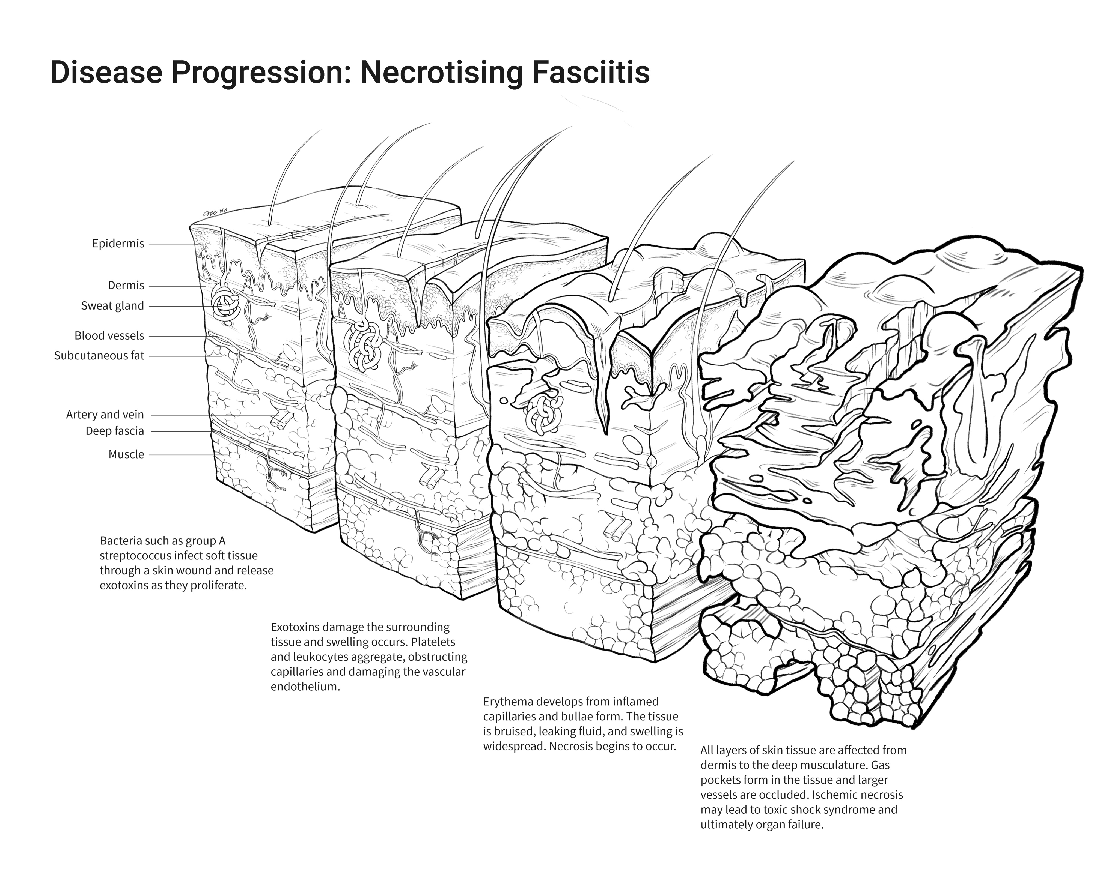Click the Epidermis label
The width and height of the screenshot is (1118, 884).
(118, 244)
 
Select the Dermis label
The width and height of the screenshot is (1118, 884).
(126, 286)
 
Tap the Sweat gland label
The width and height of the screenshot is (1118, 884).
(112, 306)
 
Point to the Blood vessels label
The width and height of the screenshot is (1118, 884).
(109, 336)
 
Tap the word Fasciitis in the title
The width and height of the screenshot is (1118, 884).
(590, 73)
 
